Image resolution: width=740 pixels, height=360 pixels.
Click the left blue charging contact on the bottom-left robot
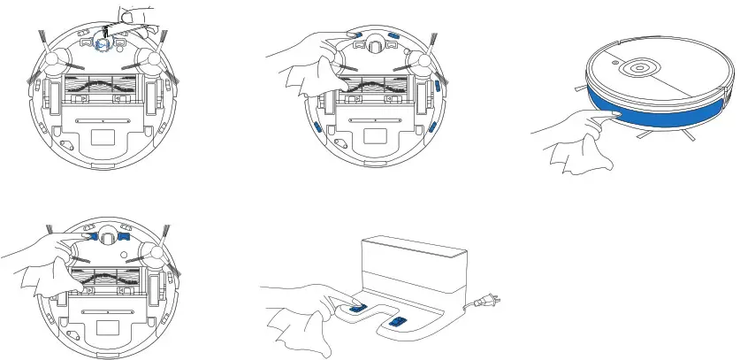click(88, 237)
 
